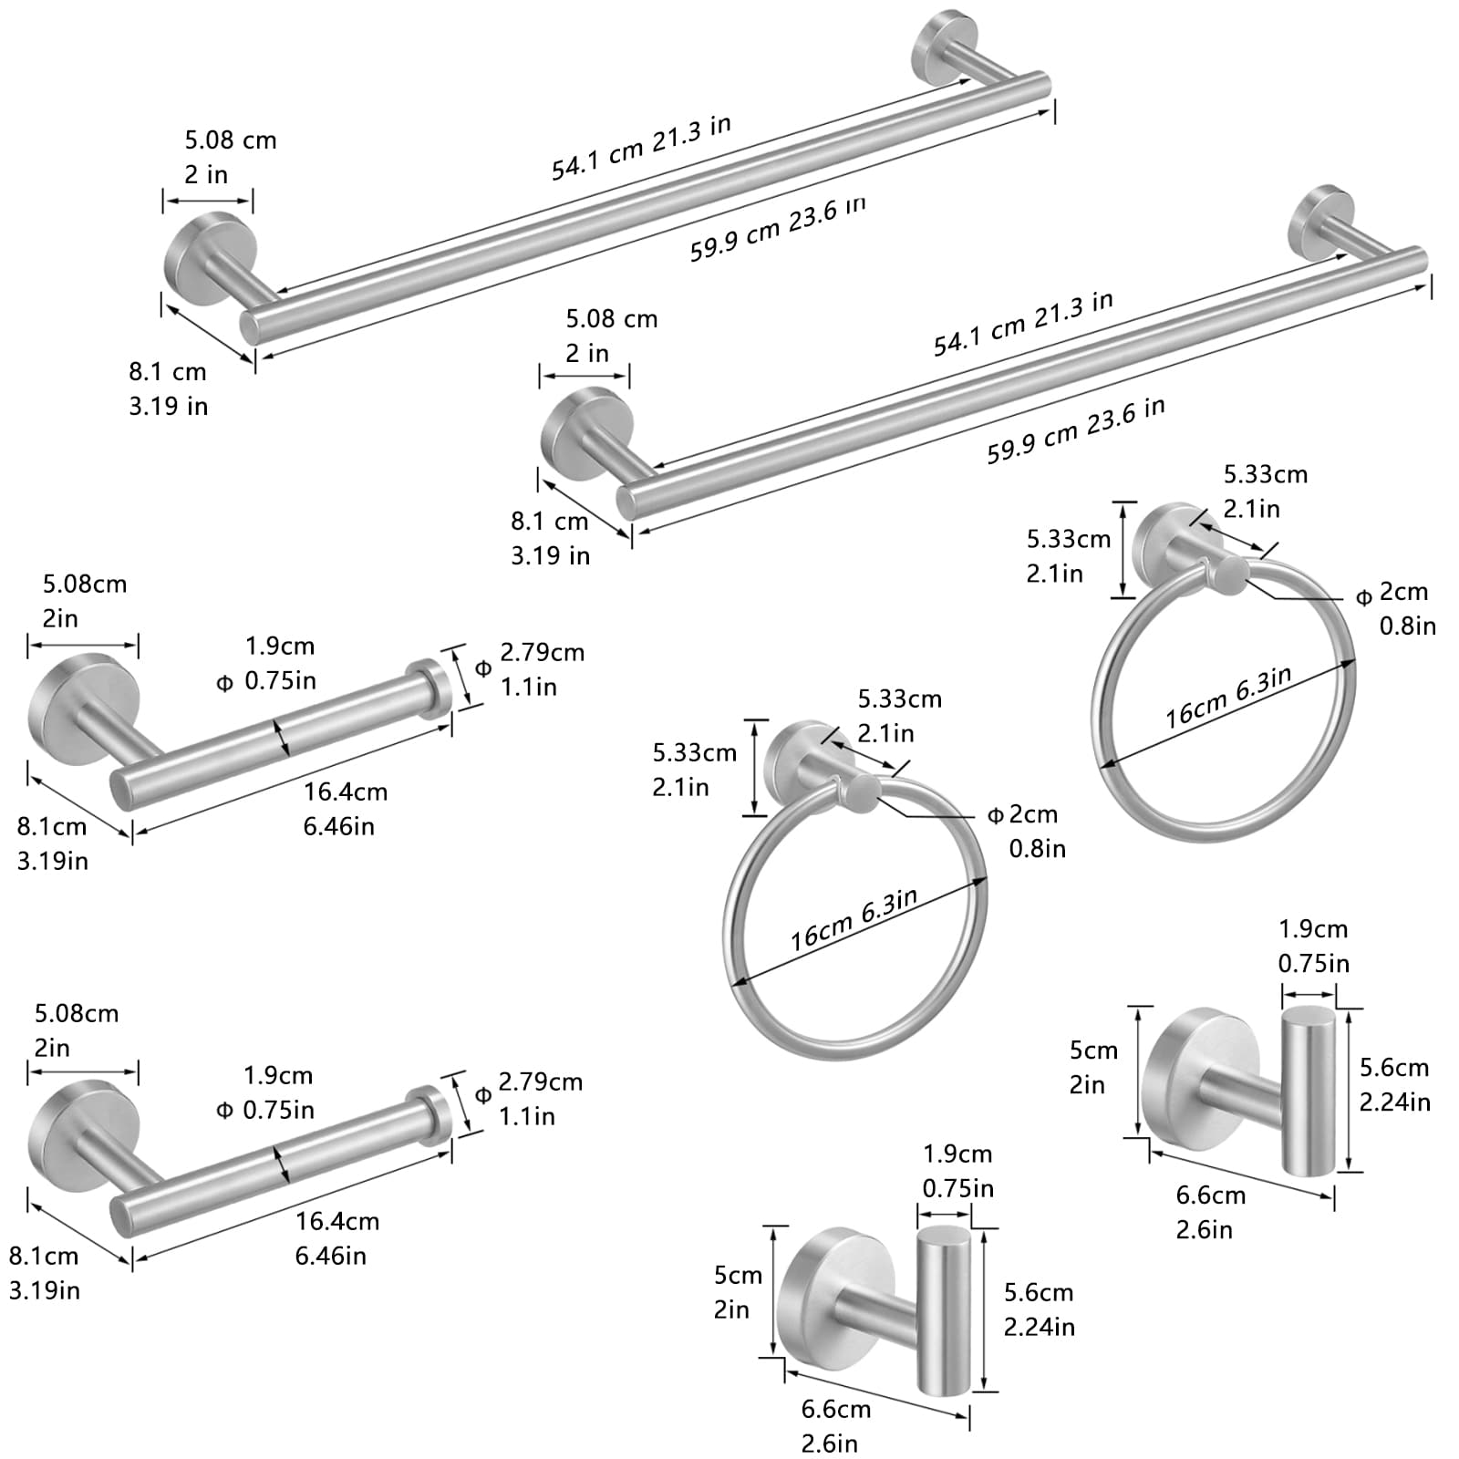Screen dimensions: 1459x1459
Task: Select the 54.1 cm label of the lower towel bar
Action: pos(1022,324)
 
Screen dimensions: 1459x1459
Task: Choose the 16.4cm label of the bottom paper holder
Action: pos(336,1237)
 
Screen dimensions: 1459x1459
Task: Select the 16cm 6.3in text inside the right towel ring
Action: pos(1228,697)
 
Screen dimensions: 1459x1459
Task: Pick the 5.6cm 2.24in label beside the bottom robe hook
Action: pos(1039,1309)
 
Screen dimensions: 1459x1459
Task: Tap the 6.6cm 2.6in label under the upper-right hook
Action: pos(1209,1212)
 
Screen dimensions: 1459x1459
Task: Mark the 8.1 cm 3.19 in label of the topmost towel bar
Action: pos(168,388)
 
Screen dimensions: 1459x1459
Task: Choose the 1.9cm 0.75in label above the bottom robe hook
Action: pos(957,1171)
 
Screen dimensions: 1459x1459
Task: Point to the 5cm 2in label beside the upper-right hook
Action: pos(1092,1067)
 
